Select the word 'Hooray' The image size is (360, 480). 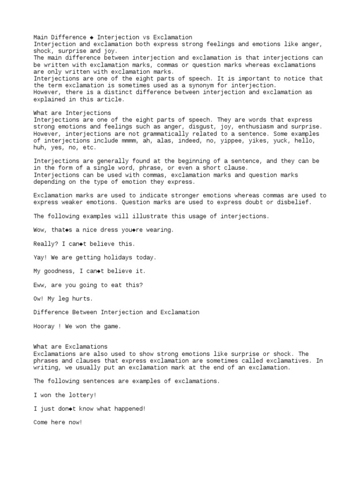click(x=45, y=326)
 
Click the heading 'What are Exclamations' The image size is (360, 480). click(x=70, y=347)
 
